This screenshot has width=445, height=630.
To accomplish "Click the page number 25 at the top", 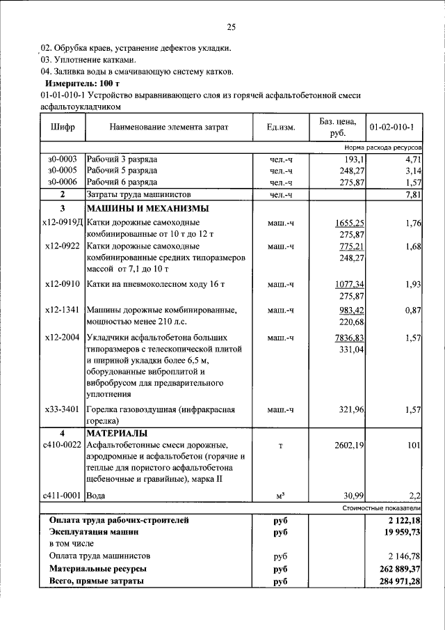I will tap(231, 28).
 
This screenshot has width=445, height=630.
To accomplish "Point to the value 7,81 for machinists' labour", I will tap(413, 194).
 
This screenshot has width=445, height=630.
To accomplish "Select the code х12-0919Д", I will tap(63, 223).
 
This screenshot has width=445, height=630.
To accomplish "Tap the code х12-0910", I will tap(63, 285).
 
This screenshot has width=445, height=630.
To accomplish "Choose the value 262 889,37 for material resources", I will tap(395, 569).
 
